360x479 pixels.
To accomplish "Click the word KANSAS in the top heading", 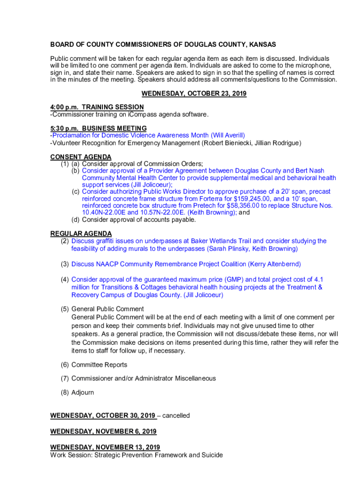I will pos(262,44).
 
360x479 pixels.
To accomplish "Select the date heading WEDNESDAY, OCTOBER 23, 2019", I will pos(194,94).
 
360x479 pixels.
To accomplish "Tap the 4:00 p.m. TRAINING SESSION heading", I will pos(97,107).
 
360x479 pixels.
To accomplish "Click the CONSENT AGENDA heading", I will pos(81,157).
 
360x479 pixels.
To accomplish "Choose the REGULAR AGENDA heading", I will pos(81,233).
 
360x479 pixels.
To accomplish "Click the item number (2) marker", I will pos(65,241).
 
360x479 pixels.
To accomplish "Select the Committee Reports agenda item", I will pos(99,364).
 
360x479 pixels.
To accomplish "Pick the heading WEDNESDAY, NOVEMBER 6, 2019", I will pos(103,431).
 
